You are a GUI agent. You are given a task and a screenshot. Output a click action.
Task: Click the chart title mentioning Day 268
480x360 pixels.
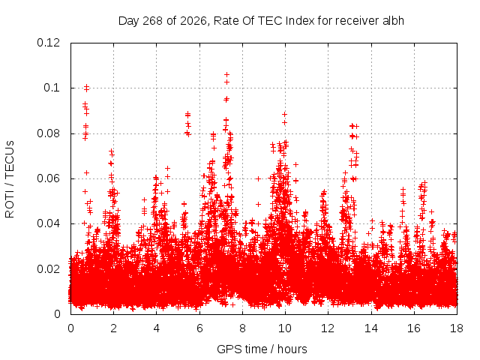(261, 21)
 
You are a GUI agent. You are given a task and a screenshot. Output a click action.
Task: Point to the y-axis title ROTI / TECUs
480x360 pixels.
(10, 179)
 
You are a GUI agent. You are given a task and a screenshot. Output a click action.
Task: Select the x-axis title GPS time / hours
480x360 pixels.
(262, 349)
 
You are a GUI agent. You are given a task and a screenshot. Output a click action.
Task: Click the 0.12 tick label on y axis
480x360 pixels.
(48, 43)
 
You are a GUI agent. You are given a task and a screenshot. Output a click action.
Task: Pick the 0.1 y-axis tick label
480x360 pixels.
(52, 88)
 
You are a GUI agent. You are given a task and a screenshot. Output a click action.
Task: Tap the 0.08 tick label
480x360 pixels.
(48, 133)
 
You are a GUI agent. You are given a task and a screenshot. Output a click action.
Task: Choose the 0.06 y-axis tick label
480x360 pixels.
(48, 178)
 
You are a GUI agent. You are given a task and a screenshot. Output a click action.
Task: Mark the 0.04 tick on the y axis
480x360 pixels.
(48, 223)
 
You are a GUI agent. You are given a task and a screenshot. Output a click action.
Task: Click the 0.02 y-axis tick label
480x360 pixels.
(48, 269)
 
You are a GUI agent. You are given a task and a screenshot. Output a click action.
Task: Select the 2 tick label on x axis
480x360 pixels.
(113, 328)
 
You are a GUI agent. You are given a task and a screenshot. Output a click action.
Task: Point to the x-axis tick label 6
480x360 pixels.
(199, 328)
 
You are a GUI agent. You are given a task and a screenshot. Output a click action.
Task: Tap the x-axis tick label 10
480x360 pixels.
(285, 328)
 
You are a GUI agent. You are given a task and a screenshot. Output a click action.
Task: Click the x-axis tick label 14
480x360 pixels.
(371, 328)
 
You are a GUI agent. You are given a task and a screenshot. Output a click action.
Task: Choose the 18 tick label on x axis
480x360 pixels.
(457, 328)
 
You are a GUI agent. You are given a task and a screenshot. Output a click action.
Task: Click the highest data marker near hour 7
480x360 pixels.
(226, 74)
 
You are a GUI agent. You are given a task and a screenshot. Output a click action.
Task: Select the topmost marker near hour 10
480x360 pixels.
(284, 115)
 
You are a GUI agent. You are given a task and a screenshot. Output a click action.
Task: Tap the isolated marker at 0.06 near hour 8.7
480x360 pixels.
(258, 178)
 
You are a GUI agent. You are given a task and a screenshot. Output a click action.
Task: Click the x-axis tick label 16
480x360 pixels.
(414, 328)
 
